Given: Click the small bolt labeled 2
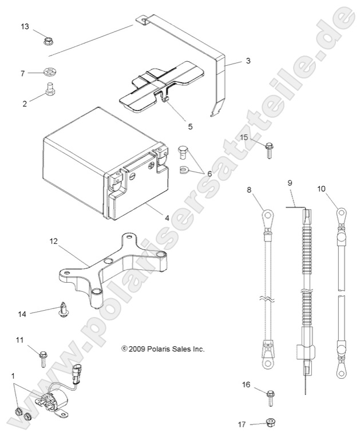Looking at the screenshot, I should [49, 90].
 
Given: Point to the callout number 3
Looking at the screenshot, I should [247, 60].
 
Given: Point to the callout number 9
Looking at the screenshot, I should [290, 183].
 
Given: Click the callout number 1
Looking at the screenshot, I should [13, 375].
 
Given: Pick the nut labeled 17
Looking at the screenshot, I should [271, 423].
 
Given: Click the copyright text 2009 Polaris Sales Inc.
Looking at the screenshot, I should [163, 348].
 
